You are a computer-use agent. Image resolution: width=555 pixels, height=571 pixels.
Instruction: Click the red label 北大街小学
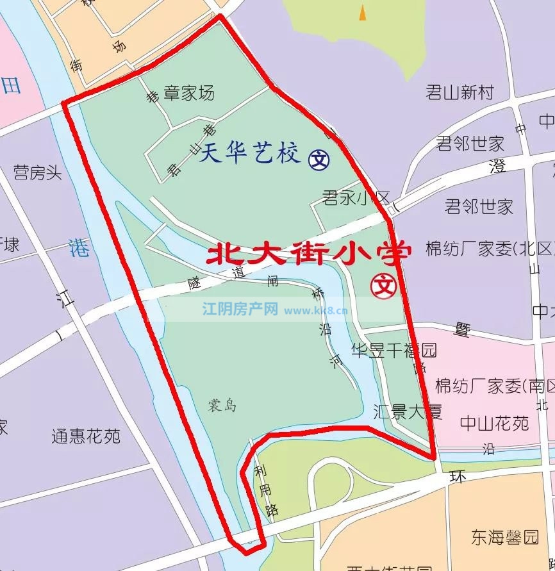pos(308,254)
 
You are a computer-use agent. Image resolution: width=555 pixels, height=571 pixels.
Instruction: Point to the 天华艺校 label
pos(249,154)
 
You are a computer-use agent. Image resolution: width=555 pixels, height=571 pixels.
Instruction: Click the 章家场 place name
pos(189,94)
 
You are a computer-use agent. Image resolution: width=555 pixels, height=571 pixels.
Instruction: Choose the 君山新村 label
pos(460,92)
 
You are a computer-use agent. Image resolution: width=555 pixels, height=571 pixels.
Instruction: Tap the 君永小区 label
pos(356,197)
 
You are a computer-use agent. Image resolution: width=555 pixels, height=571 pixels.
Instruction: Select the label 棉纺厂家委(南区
pos(493,386)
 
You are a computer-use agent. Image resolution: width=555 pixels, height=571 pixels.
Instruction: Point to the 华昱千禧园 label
pos(393,350)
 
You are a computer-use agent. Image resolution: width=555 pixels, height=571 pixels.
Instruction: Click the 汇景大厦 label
pos(408,411)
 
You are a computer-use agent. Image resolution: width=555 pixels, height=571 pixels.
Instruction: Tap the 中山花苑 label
pos(494,424)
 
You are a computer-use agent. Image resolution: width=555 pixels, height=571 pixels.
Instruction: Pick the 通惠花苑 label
pos(86,437)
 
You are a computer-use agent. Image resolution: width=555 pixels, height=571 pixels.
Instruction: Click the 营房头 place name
pos(38,172)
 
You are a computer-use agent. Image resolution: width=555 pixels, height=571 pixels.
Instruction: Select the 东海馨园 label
pos(505,537)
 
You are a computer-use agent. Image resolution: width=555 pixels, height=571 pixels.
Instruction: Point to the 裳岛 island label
pos(222,406)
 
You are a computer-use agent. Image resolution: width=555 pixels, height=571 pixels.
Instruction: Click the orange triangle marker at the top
pos(363,12)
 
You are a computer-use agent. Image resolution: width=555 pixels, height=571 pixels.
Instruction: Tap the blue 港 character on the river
pos(79,248)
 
